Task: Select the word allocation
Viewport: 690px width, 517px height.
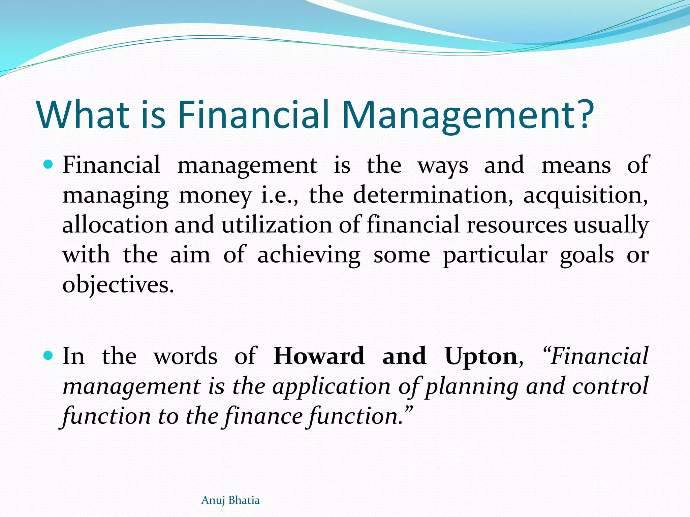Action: point(115,225)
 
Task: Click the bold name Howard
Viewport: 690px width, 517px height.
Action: point(319,356)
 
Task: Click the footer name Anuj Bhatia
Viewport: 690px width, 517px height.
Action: point(230,500)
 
